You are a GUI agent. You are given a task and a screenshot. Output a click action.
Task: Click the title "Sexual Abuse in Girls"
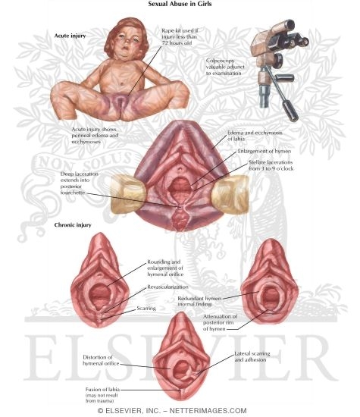coord(180,4)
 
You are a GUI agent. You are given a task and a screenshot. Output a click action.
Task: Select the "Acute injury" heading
coord(70,36)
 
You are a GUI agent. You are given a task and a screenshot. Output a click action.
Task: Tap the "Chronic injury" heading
coord(73,225)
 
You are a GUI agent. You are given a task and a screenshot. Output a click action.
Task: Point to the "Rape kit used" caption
coord(180,36)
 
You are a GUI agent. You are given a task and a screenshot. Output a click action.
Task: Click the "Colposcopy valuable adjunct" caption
coord(225,67)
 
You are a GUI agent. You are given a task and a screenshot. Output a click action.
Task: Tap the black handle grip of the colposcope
coord(290,111)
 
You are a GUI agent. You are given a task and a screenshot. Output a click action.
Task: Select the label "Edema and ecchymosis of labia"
coord(255,136)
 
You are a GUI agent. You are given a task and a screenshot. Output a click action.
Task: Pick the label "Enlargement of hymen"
coord(265,151)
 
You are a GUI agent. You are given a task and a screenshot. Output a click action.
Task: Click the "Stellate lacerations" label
coord(271,165)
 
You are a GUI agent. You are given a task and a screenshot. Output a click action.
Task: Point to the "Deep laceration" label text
coord(79,183)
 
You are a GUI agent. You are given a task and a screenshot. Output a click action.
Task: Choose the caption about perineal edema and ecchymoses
coord(95,136)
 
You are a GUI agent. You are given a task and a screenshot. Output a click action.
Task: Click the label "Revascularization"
coord(167,287)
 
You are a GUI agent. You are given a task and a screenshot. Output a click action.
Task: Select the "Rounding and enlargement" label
coord(165,268)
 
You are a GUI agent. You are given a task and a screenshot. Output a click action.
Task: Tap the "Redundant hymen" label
coord(199,301)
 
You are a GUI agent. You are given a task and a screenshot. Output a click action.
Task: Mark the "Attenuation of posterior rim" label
coord(220,322)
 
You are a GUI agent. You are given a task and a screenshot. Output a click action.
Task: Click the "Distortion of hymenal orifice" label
coord(101,360)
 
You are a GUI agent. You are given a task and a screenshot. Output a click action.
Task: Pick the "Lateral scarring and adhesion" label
coord(252,356)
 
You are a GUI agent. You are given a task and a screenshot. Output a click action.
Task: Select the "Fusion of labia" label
coord(102,395)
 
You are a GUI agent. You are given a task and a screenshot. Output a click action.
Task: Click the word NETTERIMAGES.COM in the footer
coord(208,411)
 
